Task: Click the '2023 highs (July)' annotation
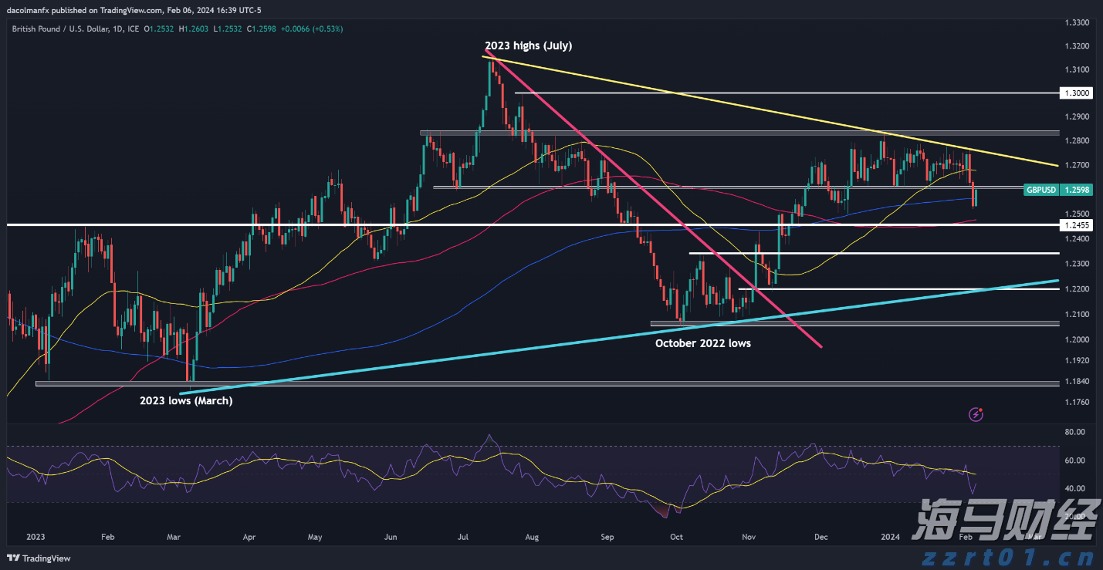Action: [528, 46]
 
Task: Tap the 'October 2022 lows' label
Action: [702, 343]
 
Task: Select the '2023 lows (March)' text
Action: [185, 401]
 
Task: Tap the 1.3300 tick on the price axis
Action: [1078, 23]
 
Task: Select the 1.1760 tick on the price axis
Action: [1078, 402]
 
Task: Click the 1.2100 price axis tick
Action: [1078, 315]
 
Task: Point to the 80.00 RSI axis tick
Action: [1074, 432]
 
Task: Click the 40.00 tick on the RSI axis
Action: [1074, 488]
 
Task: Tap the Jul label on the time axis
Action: [464, 536]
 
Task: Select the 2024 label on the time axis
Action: [891, 536]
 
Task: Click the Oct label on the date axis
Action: [676, 536]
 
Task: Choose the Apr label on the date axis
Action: [249, 536]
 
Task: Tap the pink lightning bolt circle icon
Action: [976, 415]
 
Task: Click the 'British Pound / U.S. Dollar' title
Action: [56, 29]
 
